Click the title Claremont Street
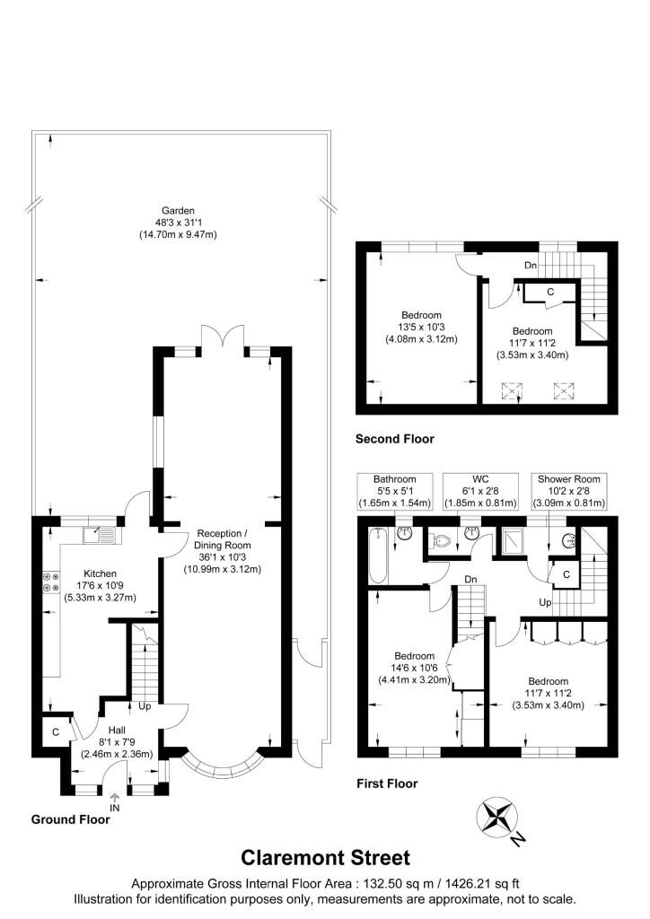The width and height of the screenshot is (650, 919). pos(325,858)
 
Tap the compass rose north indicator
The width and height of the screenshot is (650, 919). pos(498,818)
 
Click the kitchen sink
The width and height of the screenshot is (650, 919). pos(96,536)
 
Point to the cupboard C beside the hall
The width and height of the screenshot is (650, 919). pos(56,731)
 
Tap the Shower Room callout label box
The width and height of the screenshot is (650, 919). pos(569,490)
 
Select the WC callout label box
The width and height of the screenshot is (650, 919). pos(480,490)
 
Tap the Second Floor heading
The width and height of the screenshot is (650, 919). pos(394,439)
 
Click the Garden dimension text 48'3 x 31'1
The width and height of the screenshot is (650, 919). pos(178,223)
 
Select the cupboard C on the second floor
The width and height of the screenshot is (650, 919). pos(549,293)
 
